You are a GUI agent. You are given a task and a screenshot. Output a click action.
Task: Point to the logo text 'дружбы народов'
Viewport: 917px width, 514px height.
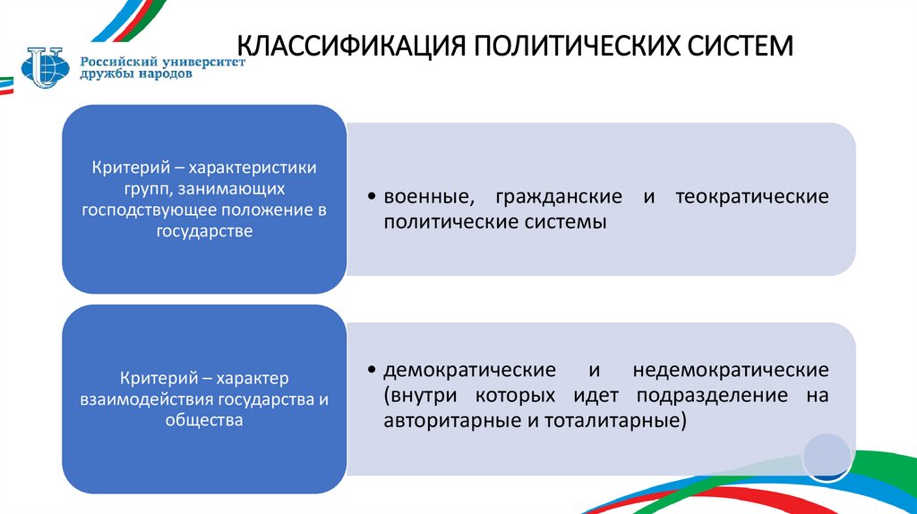135,75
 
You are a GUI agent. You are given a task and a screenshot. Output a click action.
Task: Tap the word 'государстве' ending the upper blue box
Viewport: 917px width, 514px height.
203,231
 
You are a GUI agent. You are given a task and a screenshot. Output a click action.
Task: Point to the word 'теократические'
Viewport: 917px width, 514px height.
754,196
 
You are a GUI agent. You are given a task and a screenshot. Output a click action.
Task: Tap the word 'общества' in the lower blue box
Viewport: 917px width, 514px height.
203,419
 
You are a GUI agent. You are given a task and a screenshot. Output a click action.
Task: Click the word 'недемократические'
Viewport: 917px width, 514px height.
730,370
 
